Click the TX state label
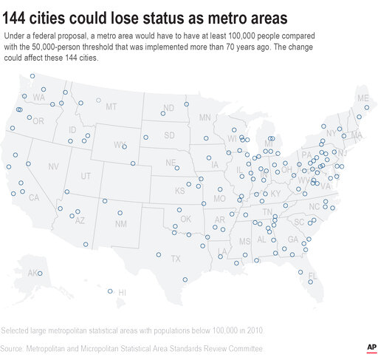176,259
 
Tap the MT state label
111,106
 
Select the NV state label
53,167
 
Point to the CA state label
33,197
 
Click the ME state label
362,98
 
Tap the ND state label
168,108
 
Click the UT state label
86,176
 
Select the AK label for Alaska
33,273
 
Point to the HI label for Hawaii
122,293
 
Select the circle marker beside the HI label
110,291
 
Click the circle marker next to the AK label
41,274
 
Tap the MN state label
205,117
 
